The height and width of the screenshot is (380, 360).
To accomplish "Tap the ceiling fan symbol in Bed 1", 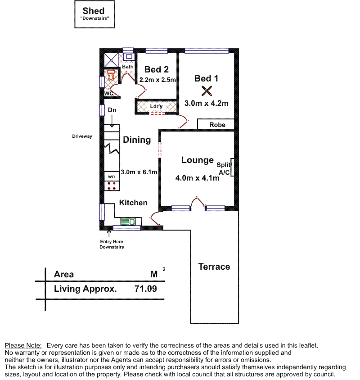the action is [x=207, y=91].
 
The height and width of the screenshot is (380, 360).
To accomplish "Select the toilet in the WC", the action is [x=111, y=75].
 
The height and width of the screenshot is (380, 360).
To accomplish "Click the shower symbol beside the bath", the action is [x=111, y=60].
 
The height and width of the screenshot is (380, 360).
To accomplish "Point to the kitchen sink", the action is [x=128, y=222].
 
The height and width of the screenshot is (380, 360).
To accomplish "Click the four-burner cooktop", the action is [x=112, y=185].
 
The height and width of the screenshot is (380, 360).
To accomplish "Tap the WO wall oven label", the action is [x=112, y=177].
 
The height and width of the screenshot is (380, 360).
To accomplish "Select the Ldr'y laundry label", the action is [x=156, y=106].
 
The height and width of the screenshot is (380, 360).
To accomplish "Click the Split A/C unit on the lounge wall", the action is [x=232, y=167].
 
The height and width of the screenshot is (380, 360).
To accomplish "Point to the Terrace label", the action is [x=214, y=267].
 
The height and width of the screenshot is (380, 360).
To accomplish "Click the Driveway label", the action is [x=82, y=136].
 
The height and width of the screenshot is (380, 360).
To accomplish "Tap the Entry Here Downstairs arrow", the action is [x=109, y=233].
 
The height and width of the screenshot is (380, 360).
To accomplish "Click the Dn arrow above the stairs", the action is [x=112, y=121].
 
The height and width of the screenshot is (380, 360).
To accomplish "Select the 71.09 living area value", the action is [x=146, y=289].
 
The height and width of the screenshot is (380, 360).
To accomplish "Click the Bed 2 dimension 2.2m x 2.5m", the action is [x=157, y=80].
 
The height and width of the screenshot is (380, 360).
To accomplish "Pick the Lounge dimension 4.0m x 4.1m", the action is [x=197, y=178].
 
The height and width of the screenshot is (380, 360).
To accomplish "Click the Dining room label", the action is [x=137, y=140].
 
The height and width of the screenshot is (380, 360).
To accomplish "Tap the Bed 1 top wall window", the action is [x=207, y=50].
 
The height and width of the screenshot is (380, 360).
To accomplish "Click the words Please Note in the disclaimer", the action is [x=23, y=345].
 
